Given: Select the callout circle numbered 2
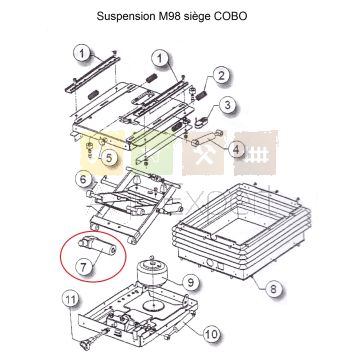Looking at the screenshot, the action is tap(221, 76).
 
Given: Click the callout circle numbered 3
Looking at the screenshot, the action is tap(227, 105).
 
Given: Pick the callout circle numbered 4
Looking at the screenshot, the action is tap(236, 150).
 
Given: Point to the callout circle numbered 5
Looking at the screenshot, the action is tap(109, 158).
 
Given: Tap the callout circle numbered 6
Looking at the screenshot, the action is tap(83, 179).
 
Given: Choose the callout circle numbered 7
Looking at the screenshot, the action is tap(83, 266).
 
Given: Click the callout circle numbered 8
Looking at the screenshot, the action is tap(273, 289).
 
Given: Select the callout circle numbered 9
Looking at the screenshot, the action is tap(190, 283).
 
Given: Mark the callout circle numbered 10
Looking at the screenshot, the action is tap(212, 334).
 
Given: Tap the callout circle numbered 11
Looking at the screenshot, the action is tap(71, 300).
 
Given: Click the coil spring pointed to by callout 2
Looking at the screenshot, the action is tap(201, 95).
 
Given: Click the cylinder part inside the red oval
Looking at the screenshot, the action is tap(97, 246).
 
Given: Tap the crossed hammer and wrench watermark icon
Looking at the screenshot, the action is tap(203, 154).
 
